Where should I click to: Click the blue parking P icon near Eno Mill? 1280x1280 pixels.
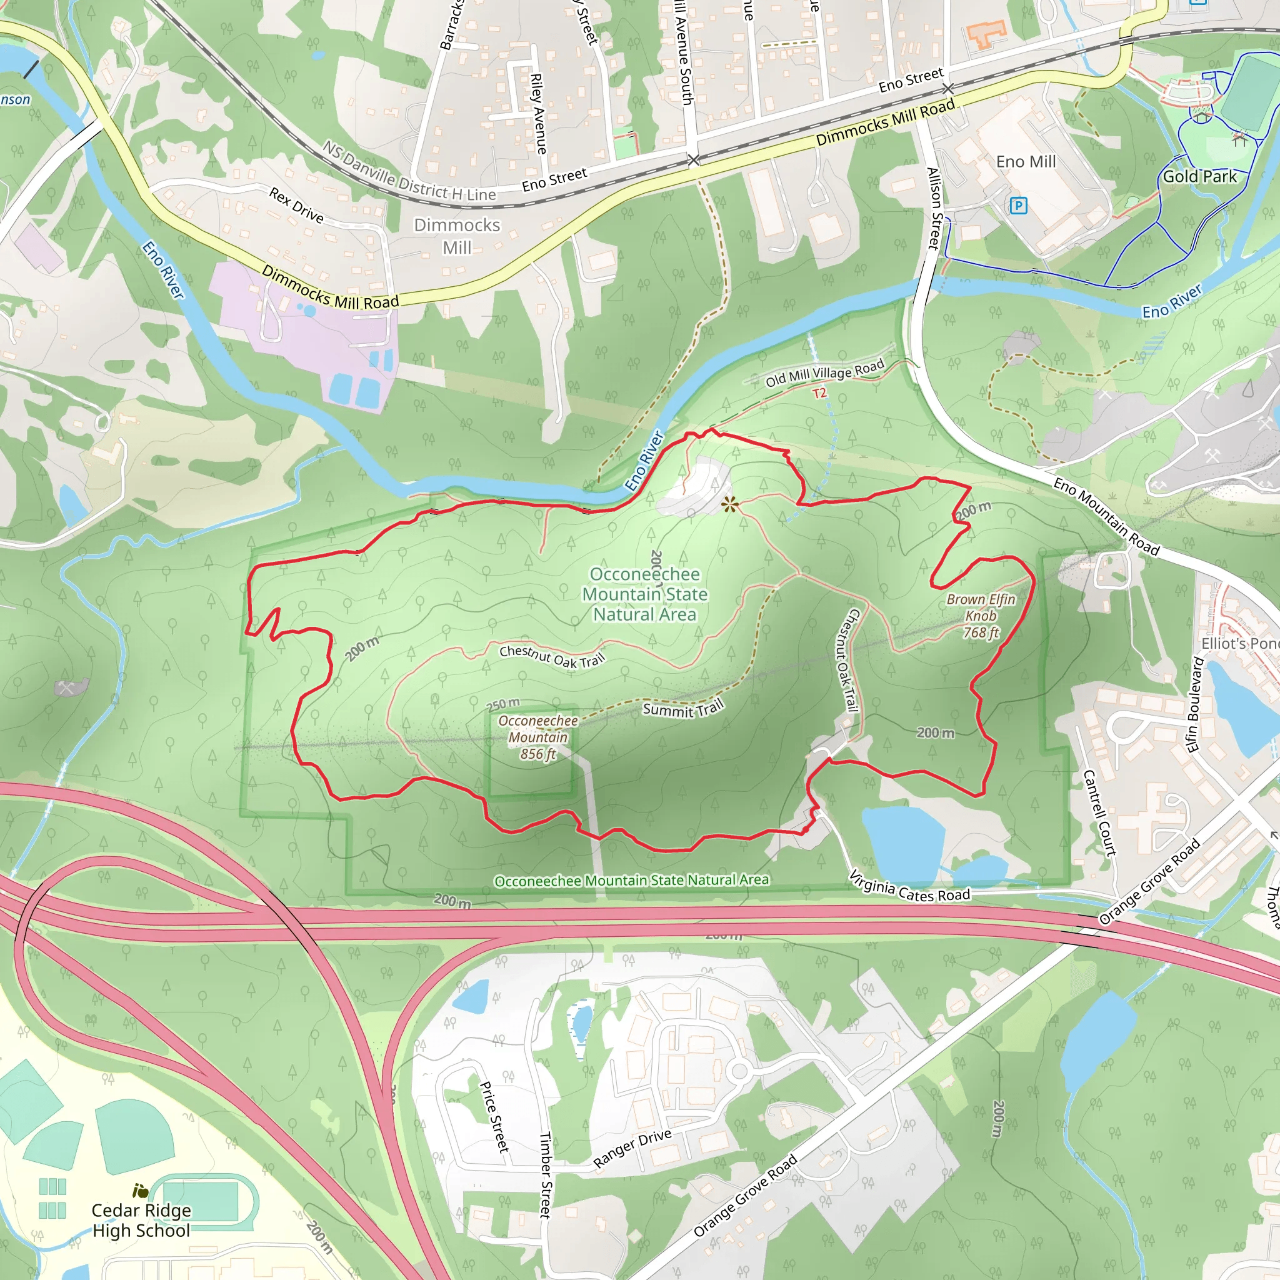[1018, 206]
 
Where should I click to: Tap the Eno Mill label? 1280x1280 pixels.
[1026, 162]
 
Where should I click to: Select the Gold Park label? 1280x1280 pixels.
[1200, 176]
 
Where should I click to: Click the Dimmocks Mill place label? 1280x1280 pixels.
[457, 236]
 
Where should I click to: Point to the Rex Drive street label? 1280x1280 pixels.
[296, 205]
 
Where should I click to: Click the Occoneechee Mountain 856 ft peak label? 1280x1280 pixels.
[538, 737]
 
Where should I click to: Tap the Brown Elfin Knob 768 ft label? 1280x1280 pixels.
[981, 616]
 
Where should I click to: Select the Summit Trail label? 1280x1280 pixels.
[683, 709]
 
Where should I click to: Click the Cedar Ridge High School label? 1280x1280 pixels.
[141, 1220]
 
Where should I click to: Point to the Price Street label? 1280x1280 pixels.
[494, 1117]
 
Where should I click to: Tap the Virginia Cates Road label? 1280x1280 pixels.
[909, 886]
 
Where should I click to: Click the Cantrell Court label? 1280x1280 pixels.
[1099, 812]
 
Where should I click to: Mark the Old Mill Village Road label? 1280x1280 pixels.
[825, 373]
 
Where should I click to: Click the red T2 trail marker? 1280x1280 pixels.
[819, 394]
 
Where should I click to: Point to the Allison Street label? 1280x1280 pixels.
[934, 209]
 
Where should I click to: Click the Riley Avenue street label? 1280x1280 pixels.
[539, 113]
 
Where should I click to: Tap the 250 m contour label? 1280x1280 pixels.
[504, 704]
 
